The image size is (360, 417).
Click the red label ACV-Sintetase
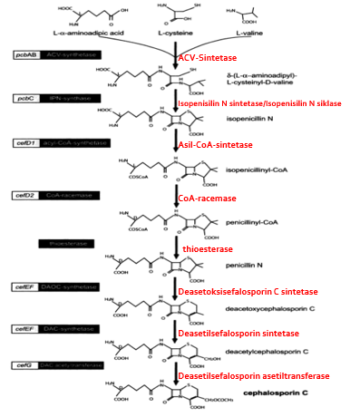[205, 58]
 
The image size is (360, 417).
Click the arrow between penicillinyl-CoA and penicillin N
[174, 245]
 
